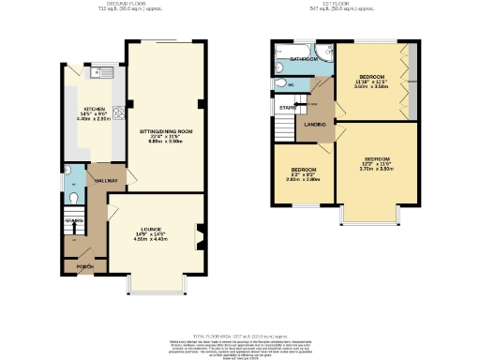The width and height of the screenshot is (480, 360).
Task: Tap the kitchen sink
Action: pyautogui.click(x=97, y=72)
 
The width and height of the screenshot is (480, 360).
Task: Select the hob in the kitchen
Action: pyautogui.click(x=118, y=113)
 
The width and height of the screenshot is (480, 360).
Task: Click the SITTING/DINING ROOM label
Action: pyautogui.click(x=166, y=131)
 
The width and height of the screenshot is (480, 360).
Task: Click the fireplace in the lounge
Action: pyautogui.click(x=199, y=234)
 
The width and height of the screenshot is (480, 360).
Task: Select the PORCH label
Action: pyautogui.click(x=84, y=267)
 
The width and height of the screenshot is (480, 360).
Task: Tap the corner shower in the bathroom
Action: pyautogui.click(x=323, y=52)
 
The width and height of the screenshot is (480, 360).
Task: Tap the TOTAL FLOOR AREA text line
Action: pyautogui.click(x=240, y=334)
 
